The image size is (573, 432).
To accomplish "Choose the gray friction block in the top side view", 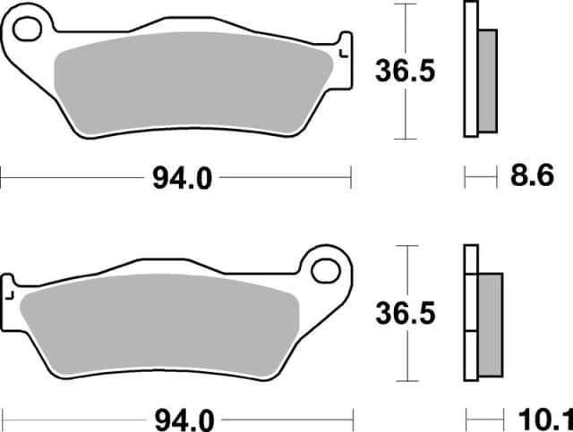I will [487, 79].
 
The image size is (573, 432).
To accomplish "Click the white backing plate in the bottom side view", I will [470, 313].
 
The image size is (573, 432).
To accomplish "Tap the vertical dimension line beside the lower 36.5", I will [408, 358].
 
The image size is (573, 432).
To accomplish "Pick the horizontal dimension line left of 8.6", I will [480, 178].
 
